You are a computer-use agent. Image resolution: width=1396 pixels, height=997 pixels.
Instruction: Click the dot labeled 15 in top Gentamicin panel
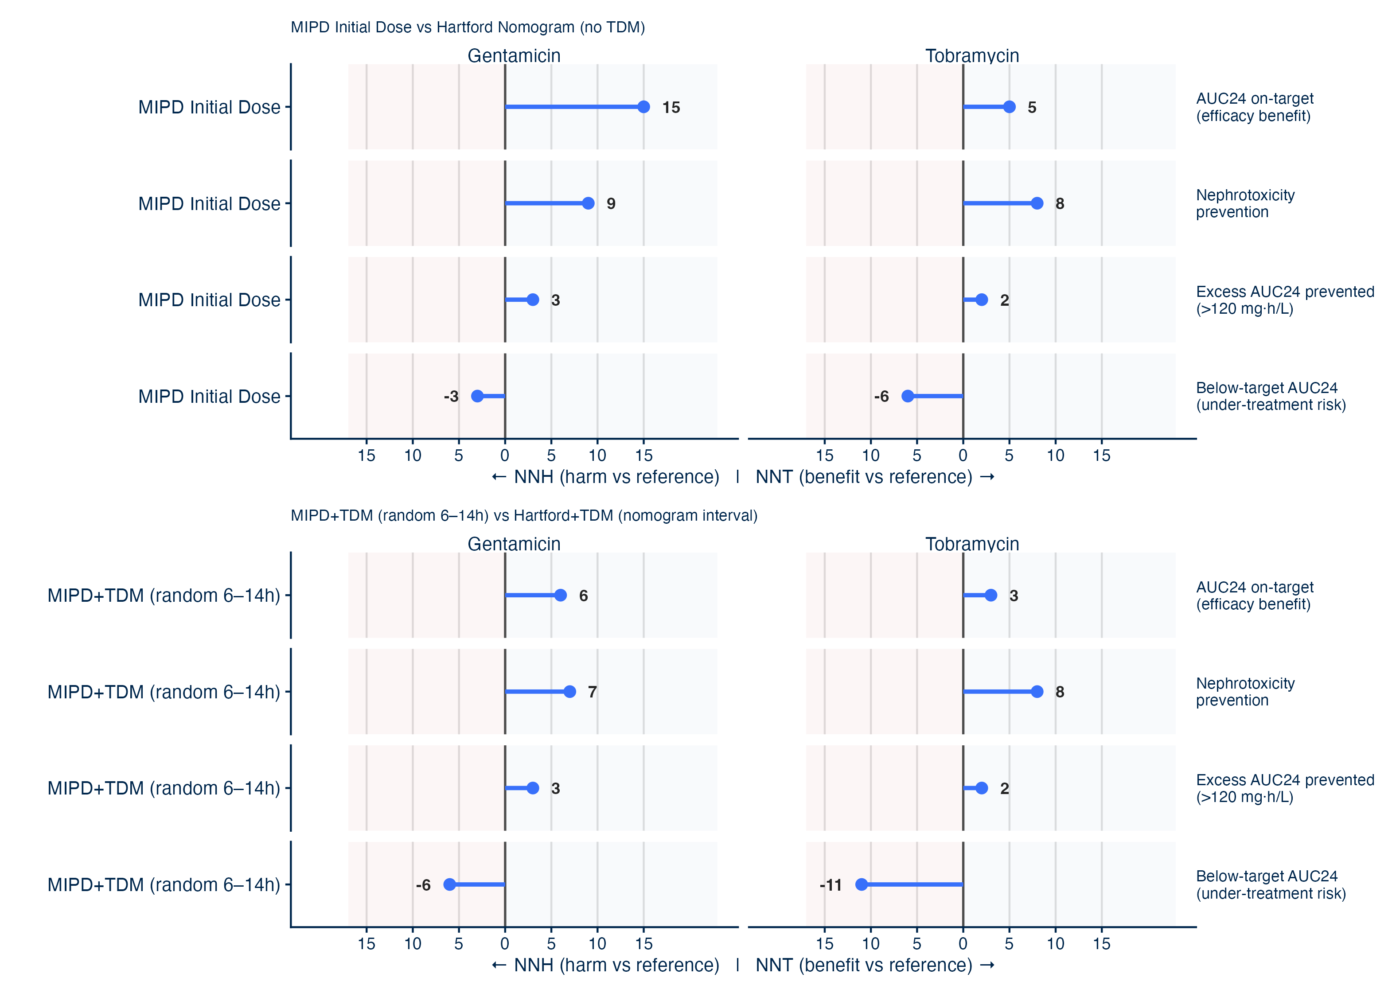[643, 107]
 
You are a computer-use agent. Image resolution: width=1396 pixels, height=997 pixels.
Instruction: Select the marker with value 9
[588, 203]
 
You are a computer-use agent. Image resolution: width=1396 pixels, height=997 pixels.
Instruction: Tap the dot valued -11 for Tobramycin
[861, 884]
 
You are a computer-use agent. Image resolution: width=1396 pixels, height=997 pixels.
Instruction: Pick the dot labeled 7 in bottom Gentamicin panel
[569, 692]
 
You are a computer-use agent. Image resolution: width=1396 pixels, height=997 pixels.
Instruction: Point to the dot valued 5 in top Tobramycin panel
[1009, 107]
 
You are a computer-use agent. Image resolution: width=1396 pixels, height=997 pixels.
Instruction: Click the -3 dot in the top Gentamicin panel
[477, 396]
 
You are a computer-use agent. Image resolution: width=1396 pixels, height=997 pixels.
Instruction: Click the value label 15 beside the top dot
[671, 107]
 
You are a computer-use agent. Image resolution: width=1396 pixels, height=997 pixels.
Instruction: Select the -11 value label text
[831, 885]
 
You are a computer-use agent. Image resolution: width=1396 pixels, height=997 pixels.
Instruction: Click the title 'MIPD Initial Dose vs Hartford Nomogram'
[467, 27]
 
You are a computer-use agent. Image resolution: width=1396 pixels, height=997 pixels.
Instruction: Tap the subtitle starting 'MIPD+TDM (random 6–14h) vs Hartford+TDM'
[524, 516]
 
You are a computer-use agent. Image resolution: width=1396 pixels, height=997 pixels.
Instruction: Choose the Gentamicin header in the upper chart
[514, 56]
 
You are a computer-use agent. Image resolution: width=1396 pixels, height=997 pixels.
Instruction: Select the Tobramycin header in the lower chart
[972, 544]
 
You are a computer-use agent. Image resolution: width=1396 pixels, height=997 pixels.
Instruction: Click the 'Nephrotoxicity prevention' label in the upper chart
[1245, 203]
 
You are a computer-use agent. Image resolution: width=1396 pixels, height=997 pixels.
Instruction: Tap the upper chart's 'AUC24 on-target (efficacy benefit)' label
[1254, 107]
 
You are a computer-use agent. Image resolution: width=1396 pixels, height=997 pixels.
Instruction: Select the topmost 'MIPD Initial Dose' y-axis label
[209, 107]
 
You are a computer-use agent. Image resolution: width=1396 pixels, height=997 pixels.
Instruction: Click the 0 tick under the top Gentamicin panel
[505, 456]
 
